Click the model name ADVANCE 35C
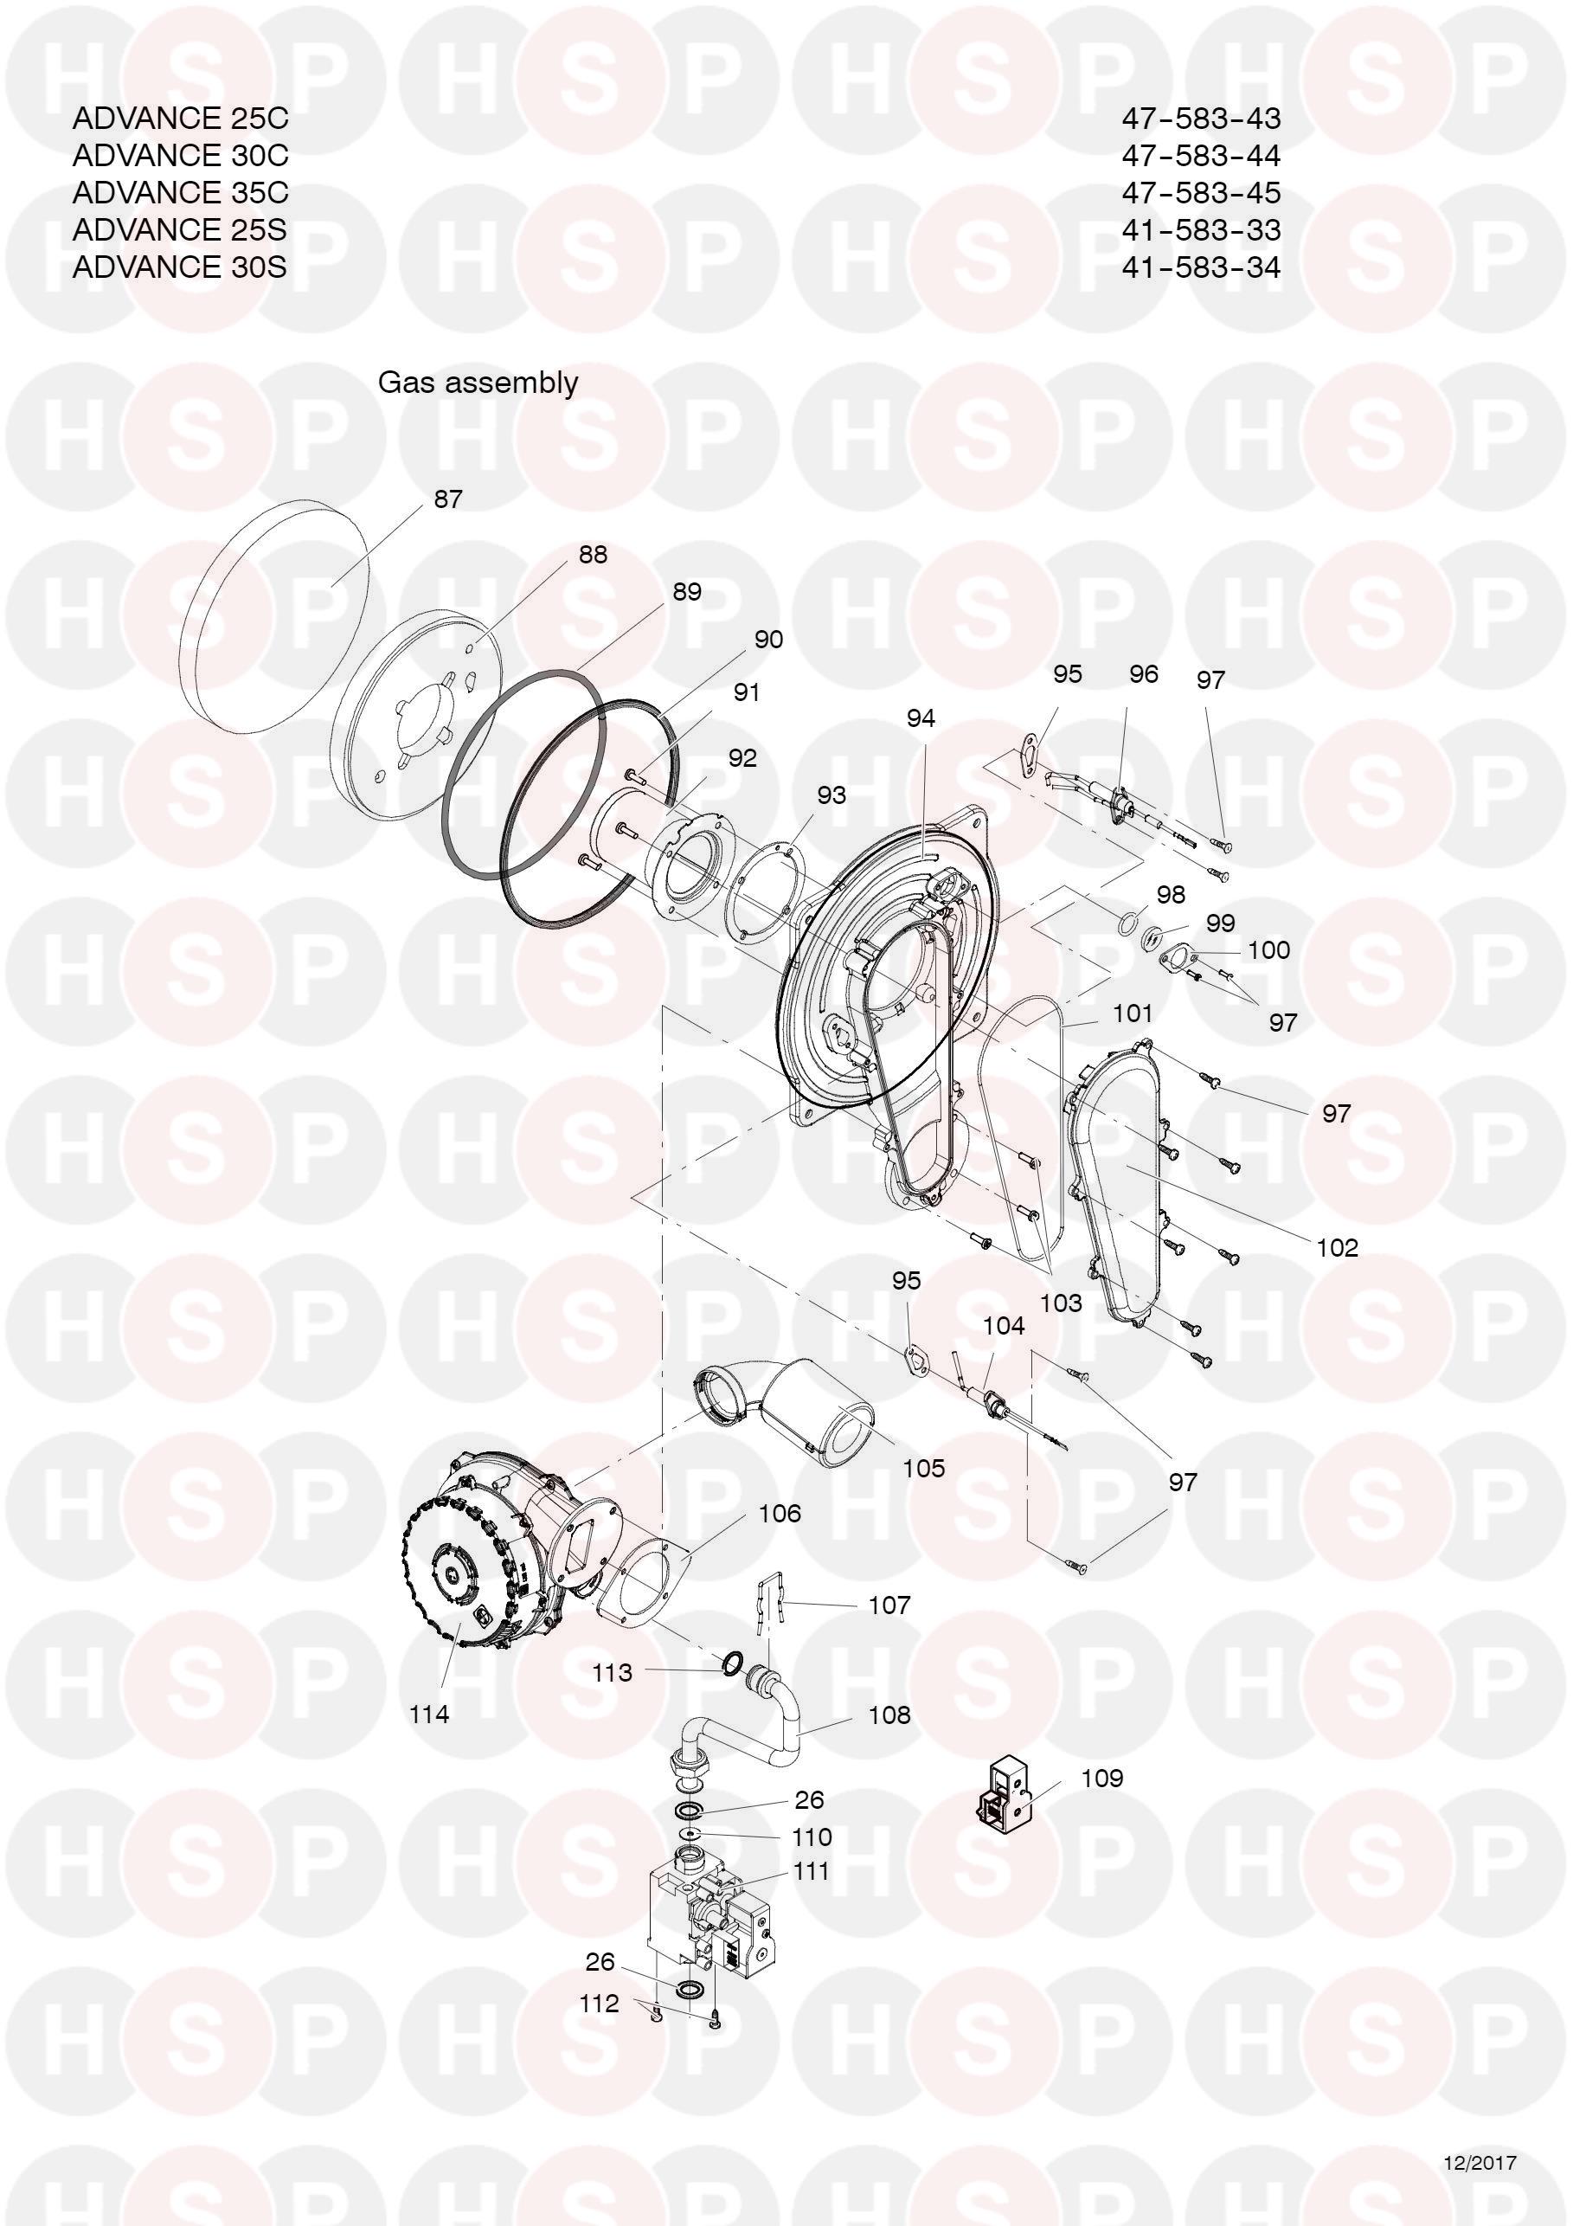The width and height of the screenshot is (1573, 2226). click(180, 192)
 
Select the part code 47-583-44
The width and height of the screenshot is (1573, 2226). click(1201, 155)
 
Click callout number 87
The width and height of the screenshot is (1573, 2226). click(448, 499)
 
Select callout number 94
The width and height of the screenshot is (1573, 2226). click(921, 717)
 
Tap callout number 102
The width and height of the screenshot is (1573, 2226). click(1338, 1247)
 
